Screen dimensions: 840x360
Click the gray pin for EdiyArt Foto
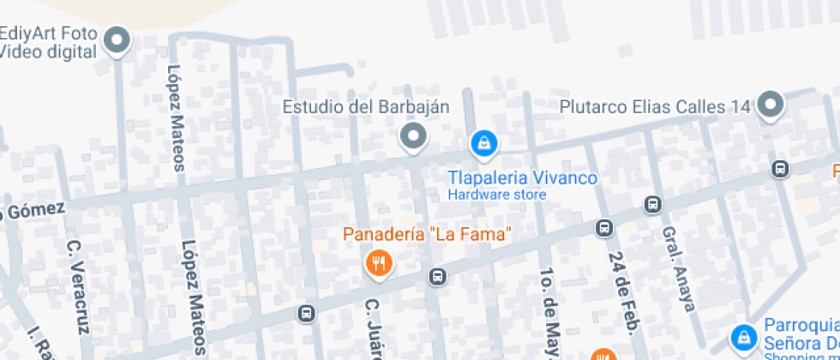[117, 39]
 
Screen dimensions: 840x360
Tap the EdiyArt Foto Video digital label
[49, 42]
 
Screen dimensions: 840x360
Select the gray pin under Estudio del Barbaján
[414, 136]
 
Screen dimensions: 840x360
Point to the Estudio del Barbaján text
[366, 107]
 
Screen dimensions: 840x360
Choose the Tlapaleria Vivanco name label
[523, 177]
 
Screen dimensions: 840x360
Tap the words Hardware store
[497, 195]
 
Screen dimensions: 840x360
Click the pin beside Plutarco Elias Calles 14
[771, 105]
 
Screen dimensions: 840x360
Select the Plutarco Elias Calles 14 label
[655, 107]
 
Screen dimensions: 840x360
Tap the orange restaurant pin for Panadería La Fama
[378, 261]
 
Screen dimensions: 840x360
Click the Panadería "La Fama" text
[427, 233]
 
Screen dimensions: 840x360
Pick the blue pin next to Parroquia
[743, 336]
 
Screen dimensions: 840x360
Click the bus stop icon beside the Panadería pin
[438, 276]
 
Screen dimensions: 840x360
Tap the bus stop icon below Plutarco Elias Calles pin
[780, 168]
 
